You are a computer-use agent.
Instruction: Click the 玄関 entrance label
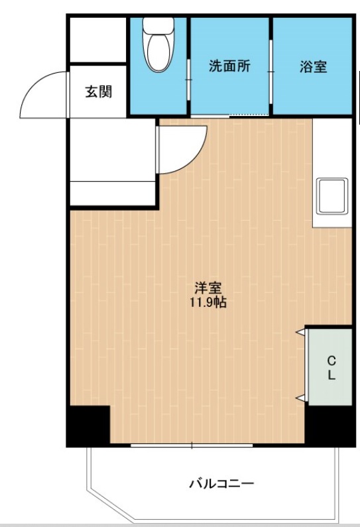[97, 91]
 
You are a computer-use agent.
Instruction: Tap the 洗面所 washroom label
[229, 66]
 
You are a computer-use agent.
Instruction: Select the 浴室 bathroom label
[312, 66]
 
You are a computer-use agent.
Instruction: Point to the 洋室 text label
[208, 288]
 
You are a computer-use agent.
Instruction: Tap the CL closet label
[331, 367]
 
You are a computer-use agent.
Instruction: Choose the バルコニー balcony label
[221, 483]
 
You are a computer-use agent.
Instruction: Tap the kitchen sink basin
[332, 196]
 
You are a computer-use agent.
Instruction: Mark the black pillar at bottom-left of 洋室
[89, 425]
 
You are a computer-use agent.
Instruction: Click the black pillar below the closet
[328, 425]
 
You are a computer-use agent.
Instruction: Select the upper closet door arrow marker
[300, 331]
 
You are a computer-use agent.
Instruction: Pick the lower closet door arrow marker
[300, 398]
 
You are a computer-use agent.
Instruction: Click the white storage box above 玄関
[98, 40]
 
